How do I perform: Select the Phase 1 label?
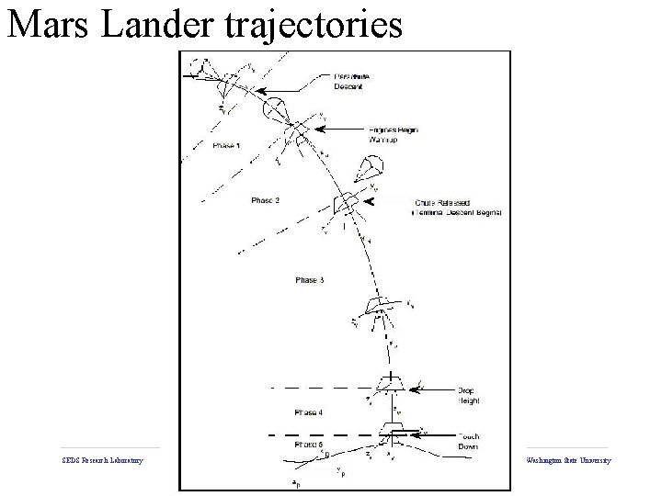coord(227,146)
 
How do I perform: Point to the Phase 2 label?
coord(265,199)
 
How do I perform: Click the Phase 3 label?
coord(310,279)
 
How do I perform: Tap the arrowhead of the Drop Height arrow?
coord(411,389)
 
